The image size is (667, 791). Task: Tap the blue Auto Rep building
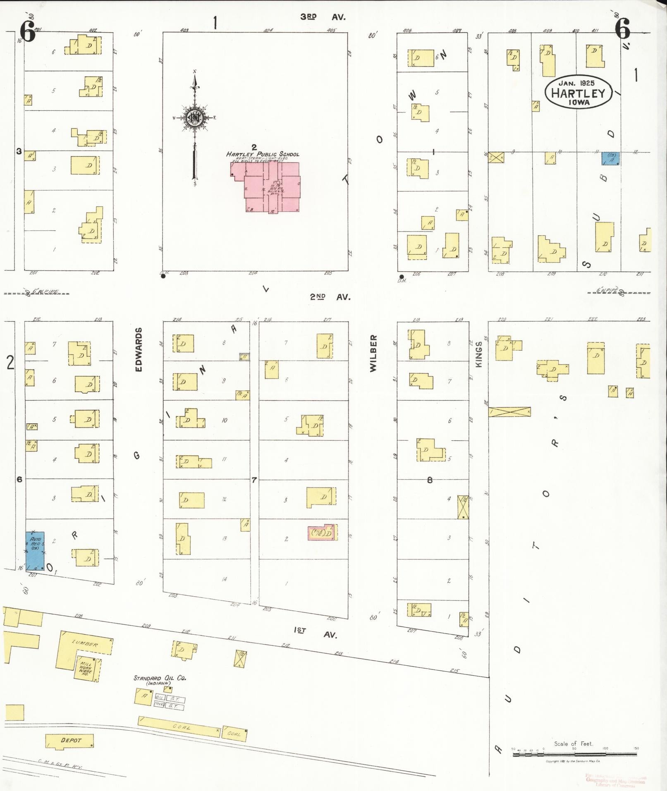click(35, 551)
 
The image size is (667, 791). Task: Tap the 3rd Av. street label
click(322, 17)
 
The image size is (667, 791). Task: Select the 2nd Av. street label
click(330, 297)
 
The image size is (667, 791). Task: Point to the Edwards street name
click(139, 349)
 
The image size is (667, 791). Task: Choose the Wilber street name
click(374, 353)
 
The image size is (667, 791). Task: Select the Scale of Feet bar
click(574, 754)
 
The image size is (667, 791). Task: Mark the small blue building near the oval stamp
click(610, 158)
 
